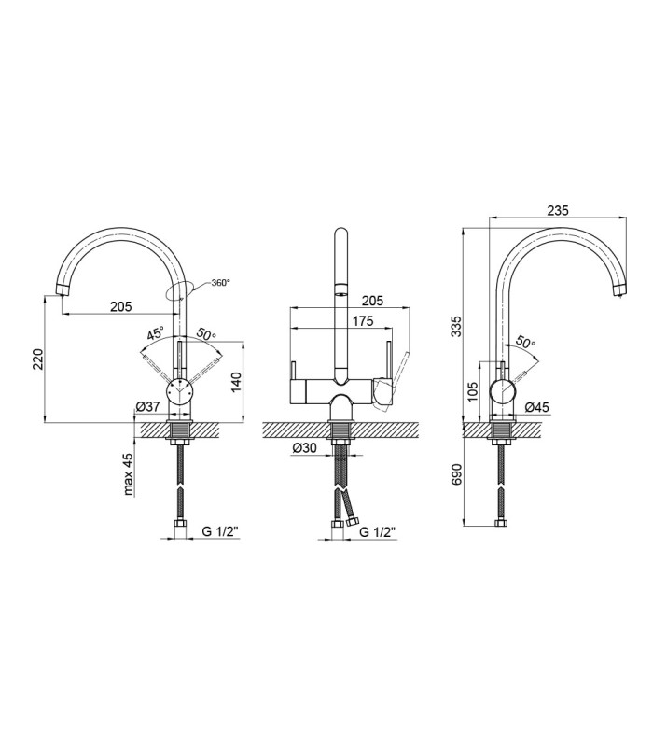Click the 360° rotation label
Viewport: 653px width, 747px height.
point(220,283)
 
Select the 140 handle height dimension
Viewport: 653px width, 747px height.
point(237,383)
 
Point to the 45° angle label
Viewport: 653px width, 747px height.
point(156,333)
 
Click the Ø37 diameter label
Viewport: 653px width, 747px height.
point(147,406)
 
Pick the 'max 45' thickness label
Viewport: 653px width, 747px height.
point(128,473)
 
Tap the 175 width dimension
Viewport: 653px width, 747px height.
point(363,321)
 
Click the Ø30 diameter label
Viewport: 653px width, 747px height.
point(305,448)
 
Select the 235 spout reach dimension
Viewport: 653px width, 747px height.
point(558,210)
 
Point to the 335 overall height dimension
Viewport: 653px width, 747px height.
point(457,326)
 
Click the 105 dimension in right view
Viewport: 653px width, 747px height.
point(473,390)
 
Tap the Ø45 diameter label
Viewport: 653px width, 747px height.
point(537,407)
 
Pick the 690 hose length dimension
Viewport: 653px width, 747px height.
point(457,474)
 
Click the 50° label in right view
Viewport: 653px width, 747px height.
point(525,343)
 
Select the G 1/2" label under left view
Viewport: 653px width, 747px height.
point(220,531)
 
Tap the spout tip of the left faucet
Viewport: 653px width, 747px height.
point(61,290)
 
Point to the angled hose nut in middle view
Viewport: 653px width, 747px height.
point(353,522)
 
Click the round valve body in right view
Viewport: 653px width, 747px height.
point(504,392)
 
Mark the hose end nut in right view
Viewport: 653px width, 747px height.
point(500,523)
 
